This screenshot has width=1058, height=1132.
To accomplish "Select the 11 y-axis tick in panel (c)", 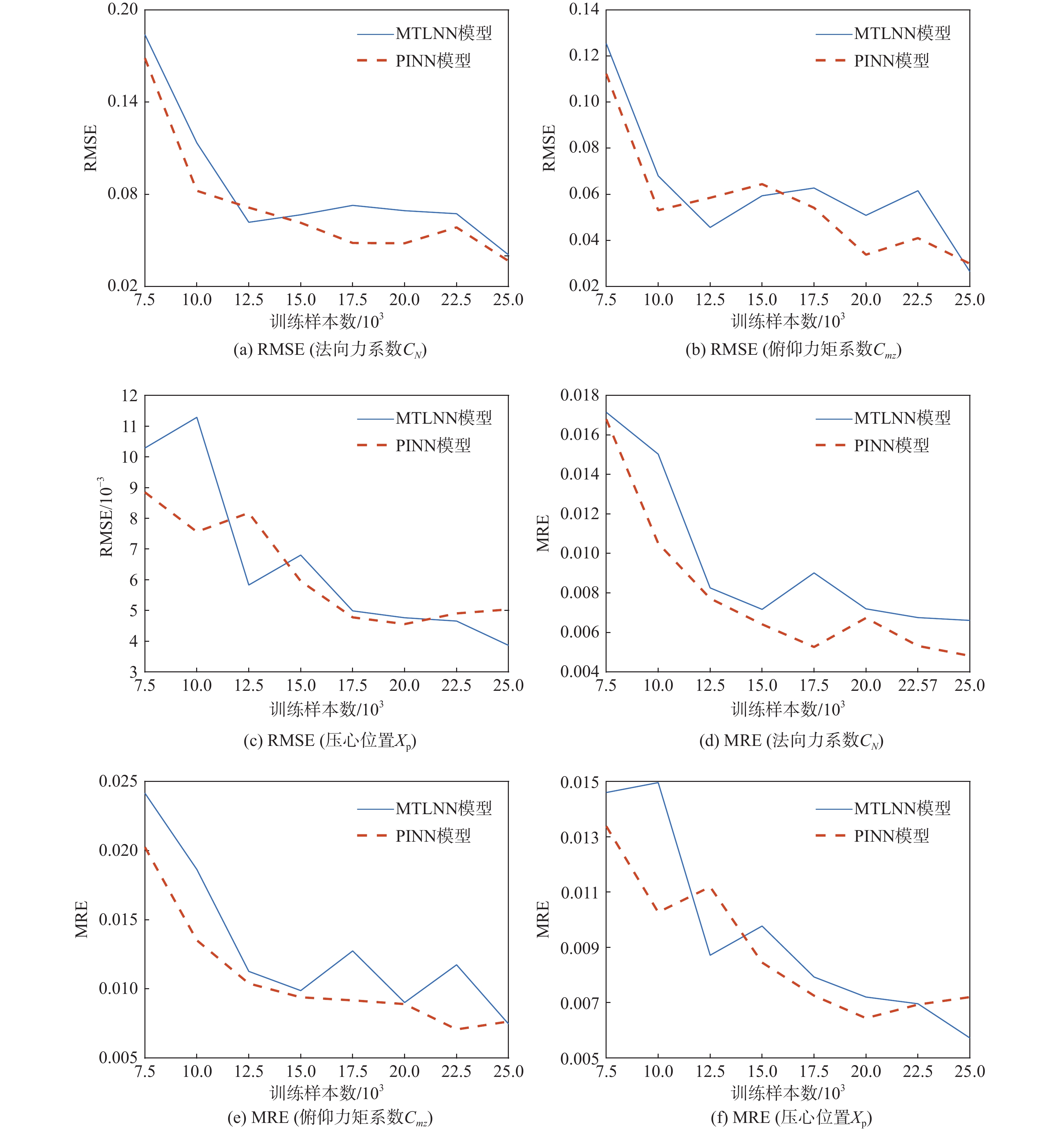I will click(130, 426).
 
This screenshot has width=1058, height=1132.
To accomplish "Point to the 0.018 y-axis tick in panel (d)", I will click(579, 395).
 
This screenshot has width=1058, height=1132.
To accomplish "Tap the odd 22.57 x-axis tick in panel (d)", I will click(917, 685).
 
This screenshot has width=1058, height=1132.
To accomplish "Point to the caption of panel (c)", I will click(329, 741).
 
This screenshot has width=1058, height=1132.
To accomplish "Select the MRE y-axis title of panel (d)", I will click(543, 534).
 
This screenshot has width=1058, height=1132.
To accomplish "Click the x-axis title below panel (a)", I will click(326, 322).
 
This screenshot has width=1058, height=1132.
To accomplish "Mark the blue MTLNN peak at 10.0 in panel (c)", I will click(197, 417).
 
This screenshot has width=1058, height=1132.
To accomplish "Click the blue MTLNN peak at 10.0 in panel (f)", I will click(658, 782).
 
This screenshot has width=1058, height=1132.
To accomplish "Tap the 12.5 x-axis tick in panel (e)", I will click(249, 1072).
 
